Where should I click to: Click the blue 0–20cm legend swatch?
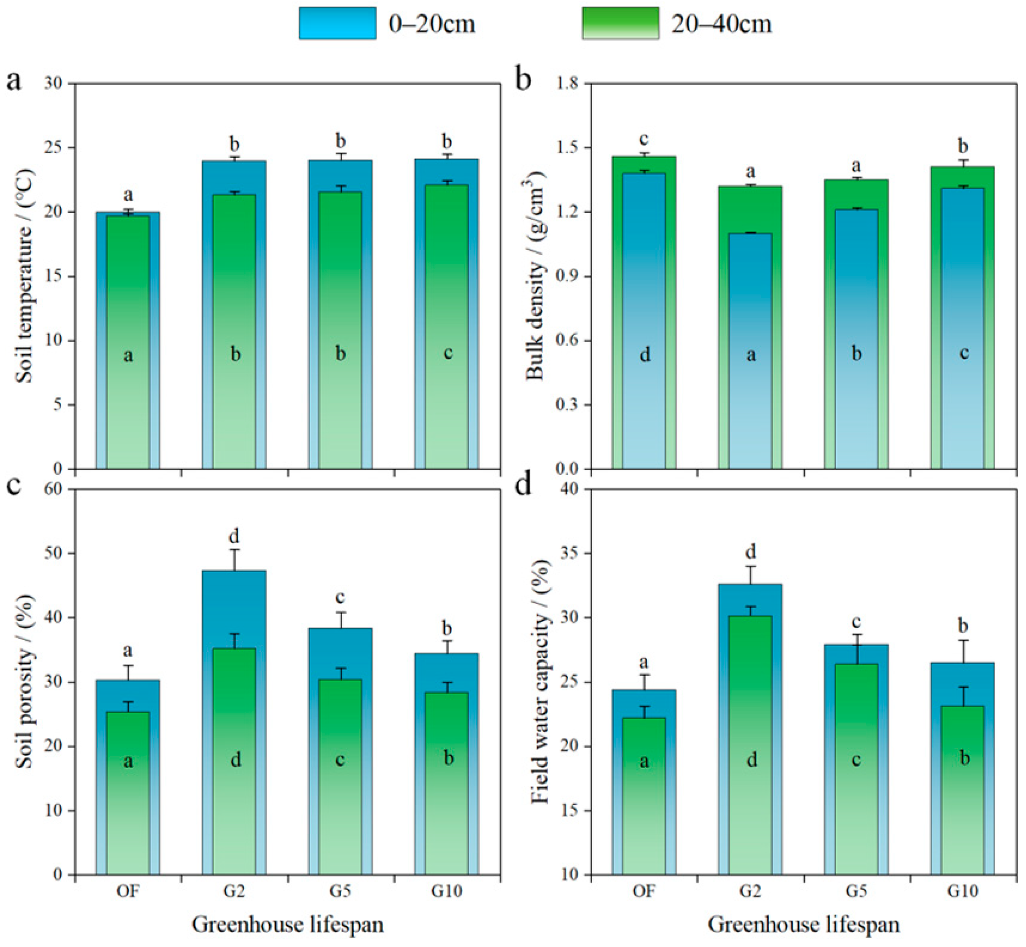point(338,23)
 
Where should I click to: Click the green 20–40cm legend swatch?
point(620,23)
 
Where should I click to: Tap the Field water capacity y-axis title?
point(540,681)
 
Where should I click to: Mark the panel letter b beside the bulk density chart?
point(523,80)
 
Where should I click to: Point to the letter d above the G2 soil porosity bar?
point(234,536)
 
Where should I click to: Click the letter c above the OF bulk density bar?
point(644,139)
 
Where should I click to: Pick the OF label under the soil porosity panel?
point(128,891)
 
